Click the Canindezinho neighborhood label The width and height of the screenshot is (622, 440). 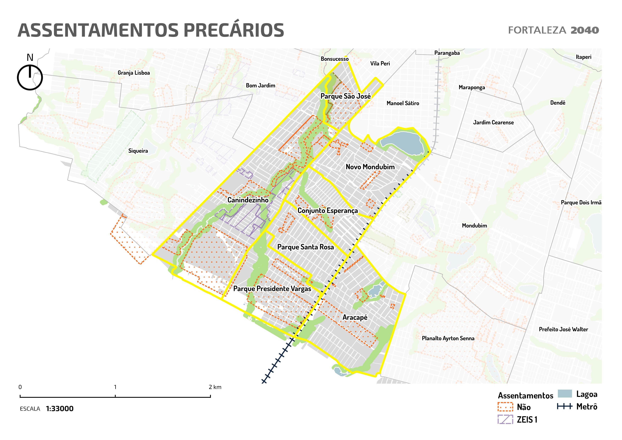pyautogui.click(x=248, y=200)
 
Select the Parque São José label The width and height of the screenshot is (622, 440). pyautogui.click(x=345, y=96)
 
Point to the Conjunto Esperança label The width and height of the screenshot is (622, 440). pyautogui.click(x=328, y=211)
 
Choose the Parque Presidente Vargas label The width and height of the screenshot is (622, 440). pyautogui.click(x=272, y=289)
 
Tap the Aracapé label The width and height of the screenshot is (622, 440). pyautogui.click(x=355, y=318)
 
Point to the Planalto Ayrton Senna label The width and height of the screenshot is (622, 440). pyautogui.click(x=448, y=338)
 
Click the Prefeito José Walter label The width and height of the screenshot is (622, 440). pyautogui.click(x=563, y=329)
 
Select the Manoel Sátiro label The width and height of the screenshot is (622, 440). pyautogui.click(x=403, y=103)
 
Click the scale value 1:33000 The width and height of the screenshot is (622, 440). pyautogui.click(x=60, y=409)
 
